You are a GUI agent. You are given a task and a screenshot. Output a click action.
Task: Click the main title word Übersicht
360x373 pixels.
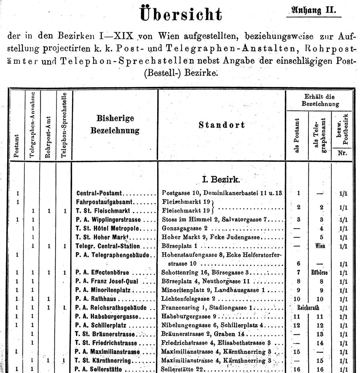[x=180, y=14]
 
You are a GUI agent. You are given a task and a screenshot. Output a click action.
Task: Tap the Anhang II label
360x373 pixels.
[x=314, y=10]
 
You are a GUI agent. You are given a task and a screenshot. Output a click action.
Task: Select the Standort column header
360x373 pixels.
[x=222, y=125]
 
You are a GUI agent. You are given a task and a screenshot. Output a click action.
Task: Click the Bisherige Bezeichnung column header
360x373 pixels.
[x=115, y=124]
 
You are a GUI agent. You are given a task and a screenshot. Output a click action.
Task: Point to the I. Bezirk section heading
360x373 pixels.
[x=221, y=178]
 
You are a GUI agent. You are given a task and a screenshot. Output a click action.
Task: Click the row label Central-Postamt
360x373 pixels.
[x=100, y=193]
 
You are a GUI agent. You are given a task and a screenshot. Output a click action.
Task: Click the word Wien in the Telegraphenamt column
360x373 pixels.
[x=320, y=246]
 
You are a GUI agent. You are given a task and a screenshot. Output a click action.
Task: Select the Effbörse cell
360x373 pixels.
[x=320, y=273]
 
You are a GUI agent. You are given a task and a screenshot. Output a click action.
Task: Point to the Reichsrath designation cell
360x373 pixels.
[x=308, y=308]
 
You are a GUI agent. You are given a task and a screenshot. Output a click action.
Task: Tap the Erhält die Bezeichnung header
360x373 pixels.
[x=319, y=100]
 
